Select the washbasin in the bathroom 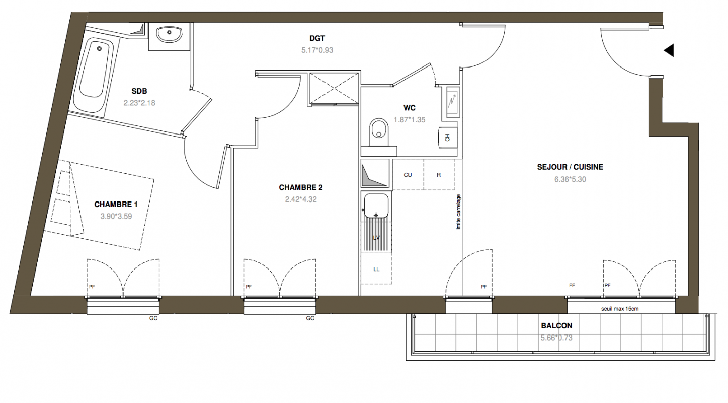point(169,34)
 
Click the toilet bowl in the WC point(379,132)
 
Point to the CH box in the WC point(448,138)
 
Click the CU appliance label point(408,175)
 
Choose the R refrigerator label point(439,175)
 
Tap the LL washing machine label point(376,269)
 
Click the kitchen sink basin point(376,206)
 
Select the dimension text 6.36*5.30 point(570,179)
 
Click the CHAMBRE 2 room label point(301,187)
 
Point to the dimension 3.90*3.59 point(116,216)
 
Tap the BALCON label point(556,326)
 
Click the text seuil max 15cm point(620,309)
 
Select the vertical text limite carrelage point(458,213)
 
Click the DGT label point(317,38)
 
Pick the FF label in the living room point(572,286)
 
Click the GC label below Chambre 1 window point(153,318)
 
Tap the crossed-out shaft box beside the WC point(334,88)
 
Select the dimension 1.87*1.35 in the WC point(410,120)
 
